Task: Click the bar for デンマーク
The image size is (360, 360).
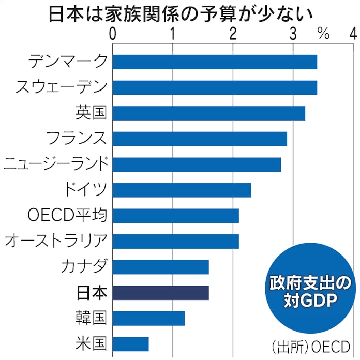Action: [214, 62]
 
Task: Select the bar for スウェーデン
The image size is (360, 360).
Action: [214, 87]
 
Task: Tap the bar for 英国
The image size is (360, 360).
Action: [208, 113]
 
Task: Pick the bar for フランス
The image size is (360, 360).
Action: [199, 139]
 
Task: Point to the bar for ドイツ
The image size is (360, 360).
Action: [181, 190]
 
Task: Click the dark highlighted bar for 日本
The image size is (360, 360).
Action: [160, 293]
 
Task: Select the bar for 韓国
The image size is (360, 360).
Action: [148, 318]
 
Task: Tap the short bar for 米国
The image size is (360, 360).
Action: [130, 344]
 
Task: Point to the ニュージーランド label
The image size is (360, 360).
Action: [56, 164]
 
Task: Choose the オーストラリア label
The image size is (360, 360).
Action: [56, 241]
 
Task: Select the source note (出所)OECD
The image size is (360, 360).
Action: [311, 344]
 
